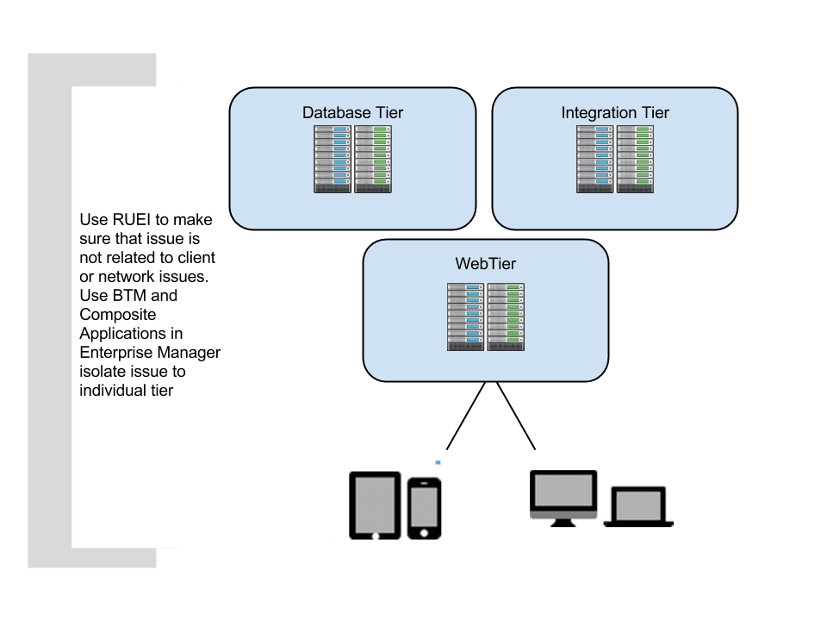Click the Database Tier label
tap(352, 113)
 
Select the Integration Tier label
tap(615, 113)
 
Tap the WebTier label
tap(486, 264)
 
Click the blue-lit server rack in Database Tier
tap(333, 159)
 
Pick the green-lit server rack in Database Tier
tap(372, 159)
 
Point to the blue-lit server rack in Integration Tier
tap(595, 159)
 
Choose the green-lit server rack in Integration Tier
tap(636, 159)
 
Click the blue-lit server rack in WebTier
tap(466, 317)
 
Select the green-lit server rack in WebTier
tap(507, 317)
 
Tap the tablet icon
tap(375, 505)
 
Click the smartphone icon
tap(424, 508)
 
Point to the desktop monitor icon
tap(563, 498)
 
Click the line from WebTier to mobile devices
tap(465, 416)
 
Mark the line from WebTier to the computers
tap(515, 416)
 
